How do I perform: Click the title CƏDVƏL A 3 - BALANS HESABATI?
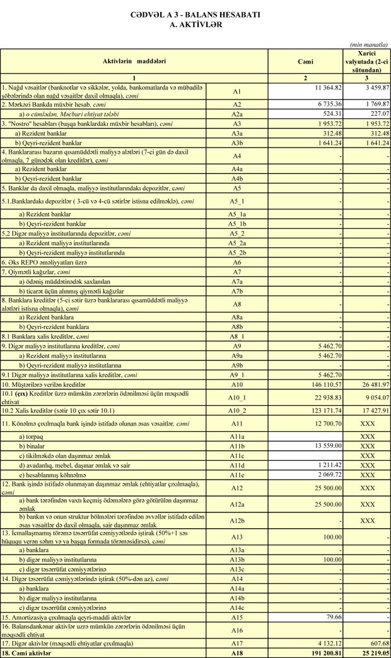[x=195, y=14]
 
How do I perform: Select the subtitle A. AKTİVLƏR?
[x=195, y=24]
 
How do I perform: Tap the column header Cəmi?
[x=306, y=61]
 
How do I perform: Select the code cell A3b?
[x=237, y=143]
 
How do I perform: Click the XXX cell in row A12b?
[x=367, y=521]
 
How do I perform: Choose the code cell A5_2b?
[x=237, y=253]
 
